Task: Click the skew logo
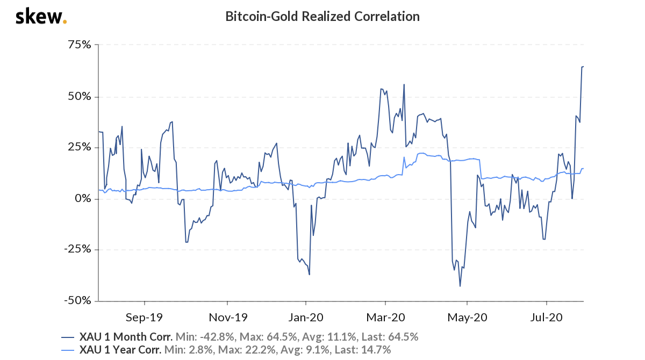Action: point(41,17)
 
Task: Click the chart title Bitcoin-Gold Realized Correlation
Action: point(322,17)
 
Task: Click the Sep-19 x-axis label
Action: point(144,316)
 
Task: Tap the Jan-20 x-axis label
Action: point(306,316)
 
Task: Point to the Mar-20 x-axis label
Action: point(385,316)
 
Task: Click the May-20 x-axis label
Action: point(467,316)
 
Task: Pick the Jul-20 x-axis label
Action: point(546,316)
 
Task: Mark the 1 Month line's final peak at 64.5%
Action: point(583,67)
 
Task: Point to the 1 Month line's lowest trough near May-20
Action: point(460,286)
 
